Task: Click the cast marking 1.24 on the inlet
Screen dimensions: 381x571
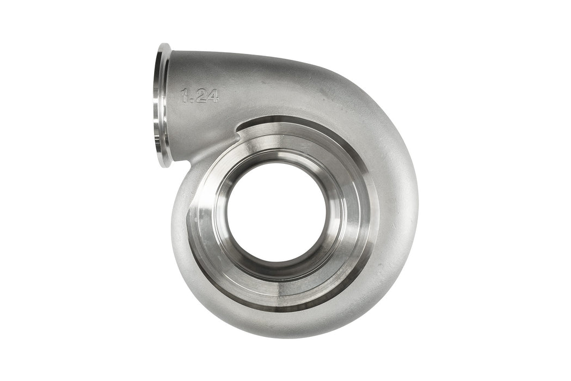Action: [200, 96]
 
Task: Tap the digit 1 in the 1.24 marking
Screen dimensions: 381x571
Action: [185, 96]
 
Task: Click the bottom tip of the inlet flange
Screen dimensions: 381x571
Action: [164, 165]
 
